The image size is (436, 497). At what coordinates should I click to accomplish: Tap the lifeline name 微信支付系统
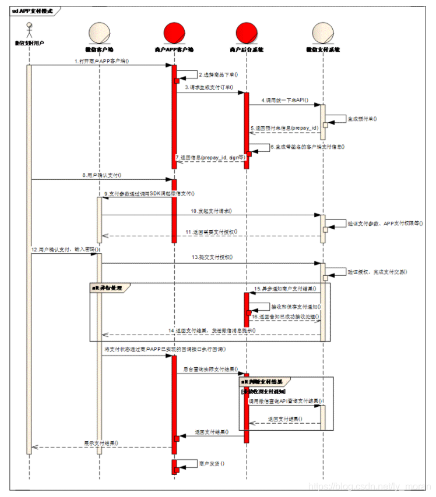[322, 49]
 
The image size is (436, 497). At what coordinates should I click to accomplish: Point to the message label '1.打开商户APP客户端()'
[101, 61]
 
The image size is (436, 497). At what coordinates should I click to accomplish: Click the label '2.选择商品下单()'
[218, 75]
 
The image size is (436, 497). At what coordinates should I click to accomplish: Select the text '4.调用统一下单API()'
[286, 101]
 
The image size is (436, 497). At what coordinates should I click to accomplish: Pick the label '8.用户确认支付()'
[102, 175]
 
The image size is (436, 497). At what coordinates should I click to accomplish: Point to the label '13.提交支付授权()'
[211, 257]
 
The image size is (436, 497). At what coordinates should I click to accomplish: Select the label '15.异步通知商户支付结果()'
[285, 289]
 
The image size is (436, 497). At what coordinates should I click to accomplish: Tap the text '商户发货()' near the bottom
[212, 464]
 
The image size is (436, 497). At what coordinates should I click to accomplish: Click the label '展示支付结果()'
[101, 442]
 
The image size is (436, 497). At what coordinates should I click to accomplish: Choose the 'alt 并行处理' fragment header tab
[110, 287]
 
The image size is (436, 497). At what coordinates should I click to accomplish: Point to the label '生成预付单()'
[362, 118]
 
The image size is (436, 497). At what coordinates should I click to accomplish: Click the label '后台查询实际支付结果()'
[209, 369]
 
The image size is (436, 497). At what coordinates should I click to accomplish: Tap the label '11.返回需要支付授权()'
[211, 232]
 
